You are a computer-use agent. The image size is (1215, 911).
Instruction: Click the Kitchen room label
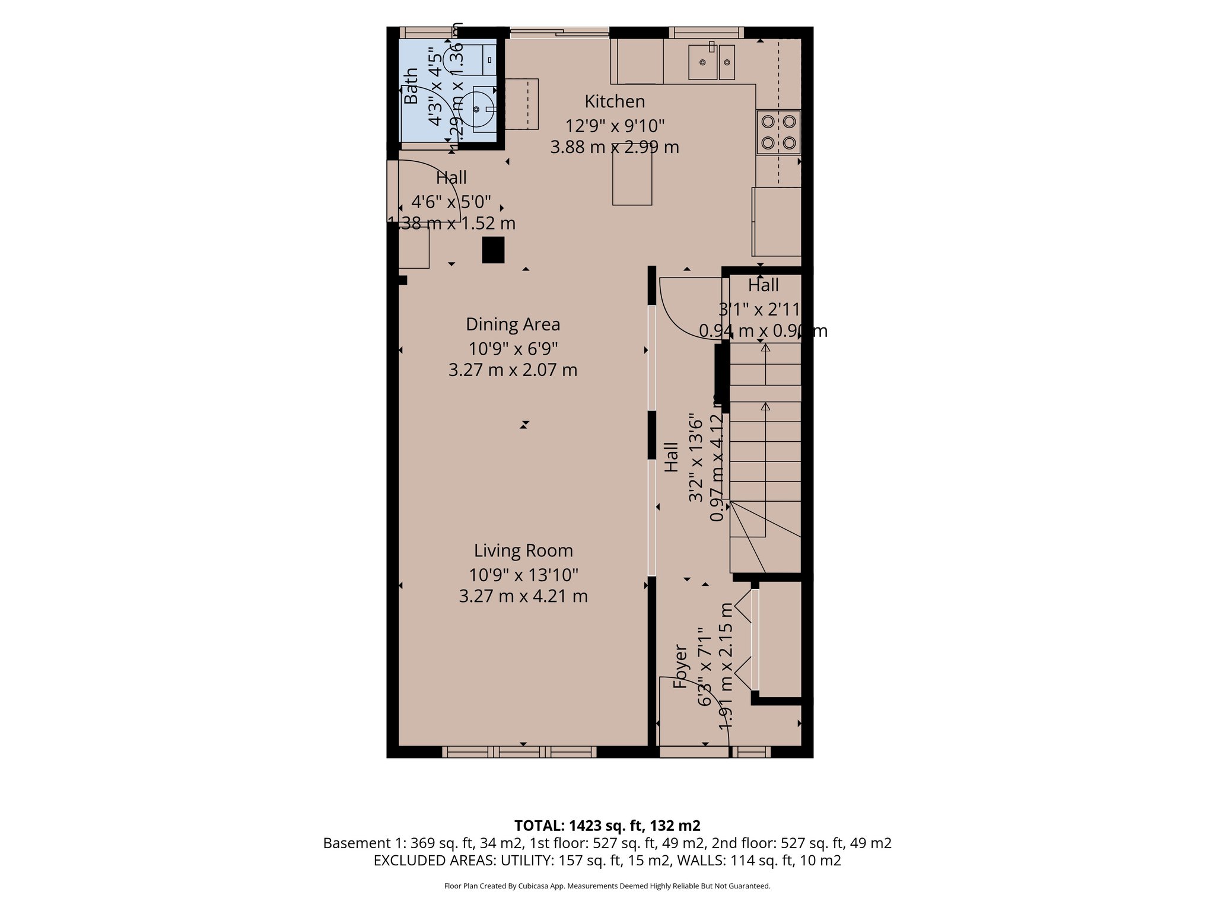coord(615,101)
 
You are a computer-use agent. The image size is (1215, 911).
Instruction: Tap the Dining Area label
coord(513,324)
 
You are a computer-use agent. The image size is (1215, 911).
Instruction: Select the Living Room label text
coord(523,550)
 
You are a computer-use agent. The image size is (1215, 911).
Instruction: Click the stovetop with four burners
coord(778,132)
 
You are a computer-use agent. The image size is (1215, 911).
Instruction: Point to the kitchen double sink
coord(711,62)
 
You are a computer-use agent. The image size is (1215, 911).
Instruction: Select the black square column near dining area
coord(493,250)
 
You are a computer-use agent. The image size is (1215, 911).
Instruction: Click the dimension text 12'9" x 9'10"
coord(615,126)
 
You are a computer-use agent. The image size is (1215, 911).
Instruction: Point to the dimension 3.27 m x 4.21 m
coord(523,596)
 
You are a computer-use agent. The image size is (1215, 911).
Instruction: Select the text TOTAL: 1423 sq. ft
coord(607,826)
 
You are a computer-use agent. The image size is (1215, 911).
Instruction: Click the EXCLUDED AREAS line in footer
coord(607,861)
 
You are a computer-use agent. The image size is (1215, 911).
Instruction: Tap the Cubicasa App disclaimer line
coord(607,886)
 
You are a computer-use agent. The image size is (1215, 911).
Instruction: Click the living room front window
coord(520,752)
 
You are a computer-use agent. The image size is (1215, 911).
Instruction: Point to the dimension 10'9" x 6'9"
coord(513,348)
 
